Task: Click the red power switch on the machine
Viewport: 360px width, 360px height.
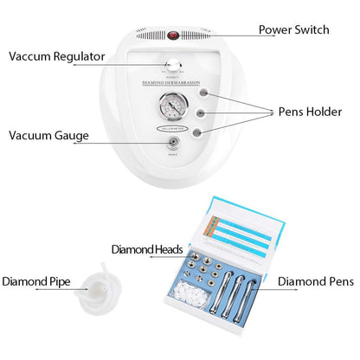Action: tap(173, 35)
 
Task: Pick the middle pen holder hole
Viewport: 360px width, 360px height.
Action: tap(202, 112)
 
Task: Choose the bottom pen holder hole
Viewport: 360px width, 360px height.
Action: tap(202, 132)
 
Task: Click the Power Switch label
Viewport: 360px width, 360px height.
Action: tap(294, 29)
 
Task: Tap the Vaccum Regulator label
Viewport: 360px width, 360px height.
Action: tap(57, 56)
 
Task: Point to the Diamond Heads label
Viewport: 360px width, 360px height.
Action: tap(147, 249)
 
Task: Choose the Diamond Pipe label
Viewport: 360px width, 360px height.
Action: tap(37, 281)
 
